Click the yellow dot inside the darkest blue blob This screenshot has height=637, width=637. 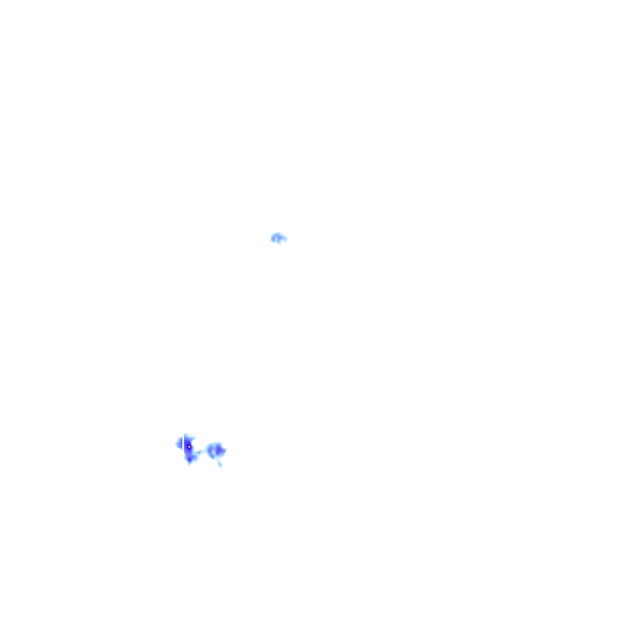pyautogui.click(x=189, y=447)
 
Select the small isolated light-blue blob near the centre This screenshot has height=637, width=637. pyautogui.click(x=278, y=238)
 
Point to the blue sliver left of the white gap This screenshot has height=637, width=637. pyautogui.click(x=180, y=444)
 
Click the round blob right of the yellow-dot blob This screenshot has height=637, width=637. pyautogui.click(x=215, y=450)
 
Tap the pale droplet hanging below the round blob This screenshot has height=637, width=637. pyautogui.click(x=220, y=463)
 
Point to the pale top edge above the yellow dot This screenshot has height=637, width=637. pyautogui.click(x=190, y=435)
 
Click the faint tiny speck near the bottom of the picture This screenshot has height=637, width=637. pyautogui.click(x=206, y=590)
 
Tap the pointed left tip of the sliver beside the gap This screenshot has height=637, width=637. pyautogui.click(x=175, y=444)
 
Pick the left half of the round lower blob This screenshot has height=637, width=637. pyautogui.click(x=210, y=449)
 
